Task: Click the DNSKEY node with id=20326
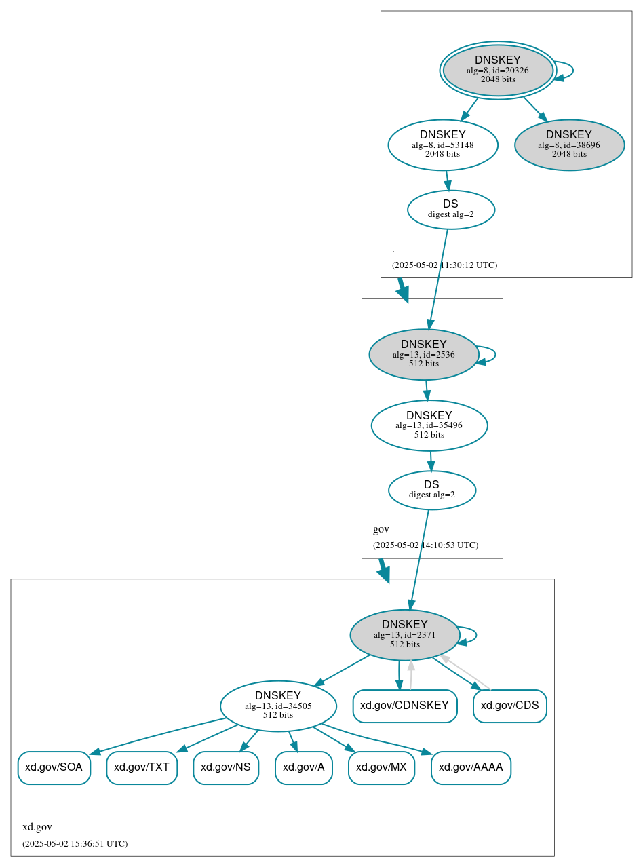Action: (x=498, y=70)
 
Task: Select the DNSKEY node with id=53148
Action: (x=443, y=144)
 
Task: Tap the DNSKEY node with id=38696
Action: (x=569, y=144)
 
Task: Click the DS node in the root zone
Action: (x=451, y=209)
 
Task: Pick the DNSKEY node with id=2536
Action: (x=424, y=354)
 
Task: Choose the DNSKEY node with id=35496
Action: (x=429, y=425)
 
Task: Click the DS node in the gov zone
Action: (x=432, y=490)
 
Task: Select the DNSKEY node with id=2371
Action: (x=405, y=635)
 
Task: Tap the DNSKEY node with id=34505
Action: (x=278, y=706)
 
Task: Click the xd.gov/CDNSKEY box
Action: (x=405, y=706)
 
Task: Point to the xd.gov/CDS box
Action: (x=510, y=706)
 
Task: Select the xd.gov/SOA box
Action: (x=54, y=767)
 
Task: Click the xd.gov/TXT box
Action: (x=142, y=767)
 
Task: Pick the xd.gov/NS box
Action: (x=226, y=767)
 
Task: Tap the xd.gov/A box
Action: (x=304, y=767)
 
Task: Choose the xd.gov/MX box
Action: (x=381, y=767)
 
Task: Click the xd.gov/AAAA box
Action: (x=471, y=767)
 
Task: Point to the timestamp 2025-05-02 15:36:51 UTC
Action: (x=75, y=844)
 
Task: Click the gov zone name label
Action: (x=381, y=529)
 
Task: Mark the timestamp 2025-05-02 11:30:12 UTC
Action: (x=444, y=265)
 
